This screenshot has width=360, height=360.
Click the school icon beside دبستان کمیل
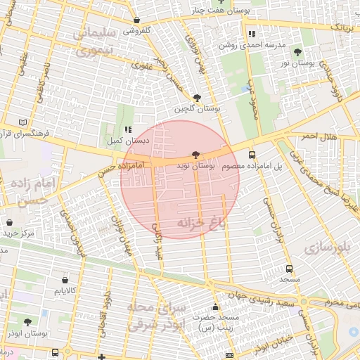(127, 129)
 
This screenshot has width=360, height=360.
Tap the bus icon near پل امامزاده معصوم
(252, 155)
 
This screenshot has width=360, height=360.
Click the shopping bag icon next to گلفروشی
(136, 20)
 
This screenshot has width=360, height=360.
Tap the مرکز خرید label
(18, 233)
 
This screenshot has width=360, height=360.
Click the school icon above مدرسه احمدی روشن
(250, 33)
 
